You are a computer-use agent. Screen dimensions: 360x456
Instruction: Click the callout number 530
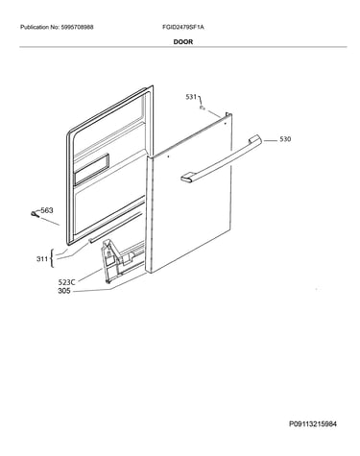click(x=285, y=139)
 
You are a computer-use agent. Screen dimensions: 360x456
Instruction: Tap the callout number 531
click(x=191, y=97)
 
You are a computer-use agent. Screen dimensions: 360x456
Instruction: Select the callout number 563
click(x=47, y=210)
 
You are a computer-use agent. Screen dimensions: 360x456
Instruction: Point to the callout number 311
click(x=42, y=259)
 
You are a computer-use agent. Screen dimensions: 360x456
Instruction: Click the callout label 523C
click(x=66, y=282)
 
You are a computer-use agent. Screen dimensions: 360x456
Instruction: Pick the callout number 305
click(x=64, y=291)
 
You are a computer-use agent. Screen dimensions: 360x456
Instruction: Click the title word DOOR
click(x=183, y=42)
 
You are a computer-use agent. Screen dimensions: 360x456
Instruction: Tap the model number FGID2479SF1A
click(x=183, y=27)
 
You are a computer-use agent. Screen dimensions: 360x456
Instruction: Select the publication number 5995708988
click(x=77, y=27)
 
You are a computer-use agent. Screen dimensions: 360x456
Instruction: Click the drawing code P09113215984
click(x=313, y=424)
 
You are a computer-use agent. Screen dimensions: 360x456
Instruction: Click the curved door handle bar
click(x=222, y=159)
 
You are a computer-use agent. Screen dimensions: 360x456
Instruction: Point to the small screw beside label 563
click(x=35, y=214)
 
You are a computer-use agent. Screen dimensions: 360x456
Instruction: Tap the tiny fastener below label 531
click(x=203, y=108)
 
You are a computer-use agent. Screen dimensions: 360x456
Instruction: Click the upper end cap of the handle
click(x=254, y=139)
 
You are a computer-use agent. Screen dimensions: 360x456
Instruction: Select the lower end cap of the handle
click(x=187, y=179)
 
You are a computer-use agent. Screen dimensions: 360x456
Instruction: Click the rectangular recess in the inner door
click(x=91, y=170)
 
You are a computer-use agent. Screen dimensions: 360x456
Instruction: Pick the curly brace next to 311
click(x=52, y=258)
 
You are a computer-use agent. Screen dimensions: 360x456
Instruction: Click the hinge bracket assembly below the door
click(x=122, y=260)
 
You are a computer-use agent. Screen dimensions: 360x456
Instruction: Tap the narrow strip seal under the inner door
click(x=114, y=228)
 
